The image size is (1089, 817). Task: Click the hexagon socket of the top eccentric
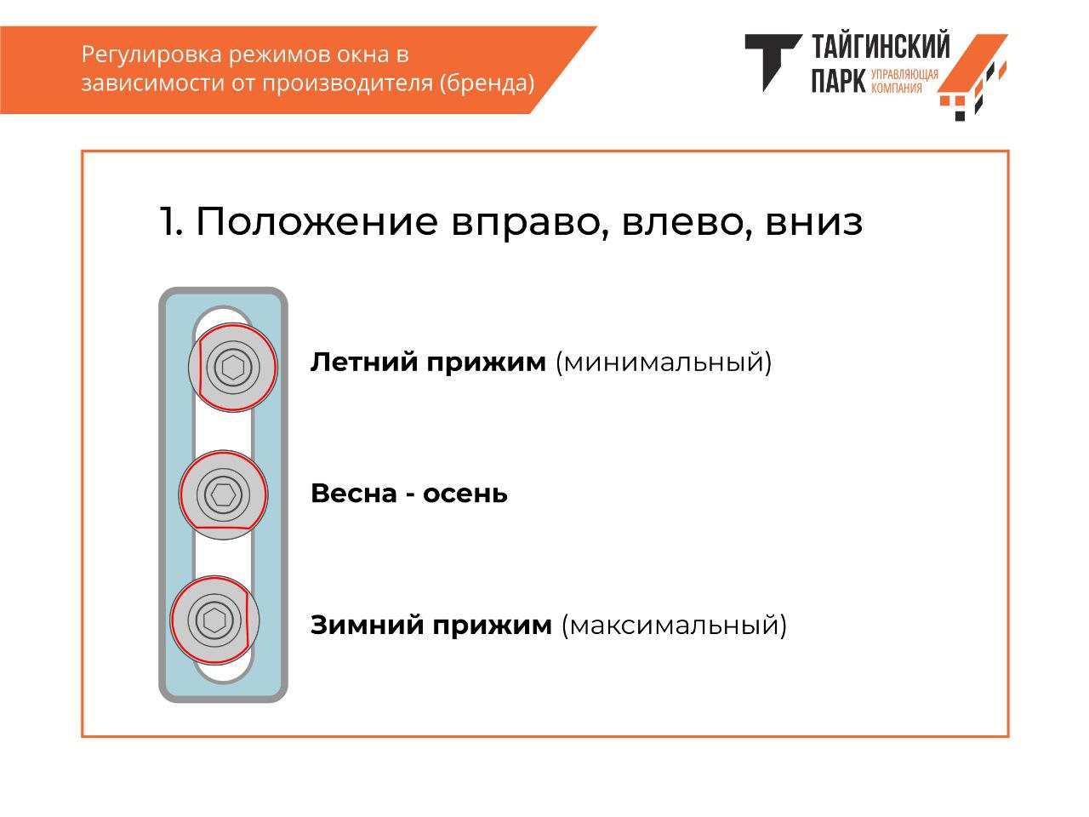point(232,368)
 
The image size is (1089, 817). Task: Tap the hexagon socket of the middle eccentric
point(223,494)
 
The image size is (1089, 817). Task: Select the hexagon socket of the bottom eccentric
point(214,620)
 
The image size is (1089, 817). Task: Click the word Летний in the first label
point(364,363)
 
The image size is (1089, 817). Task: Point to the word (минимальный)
point(664,363)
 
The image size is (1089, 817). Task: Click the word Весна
point(354,494)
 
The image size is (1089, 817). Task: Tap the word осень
point(465,494)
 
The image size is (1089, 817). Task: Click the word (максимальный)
point(674,626)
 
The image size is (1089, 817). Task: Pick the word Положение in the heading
point(317,221)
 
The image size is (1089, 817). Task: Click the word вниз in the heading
point(814,222)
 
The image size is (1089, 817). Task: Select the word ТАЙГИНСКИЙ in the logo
point(881,46)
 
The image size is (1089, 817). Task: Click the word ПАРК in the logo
point(839,80)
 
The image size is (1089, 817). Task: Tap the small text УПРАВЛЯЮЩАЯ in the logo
point(904,74)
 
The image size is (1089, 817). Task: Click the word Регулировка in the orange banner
point(151,55)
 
